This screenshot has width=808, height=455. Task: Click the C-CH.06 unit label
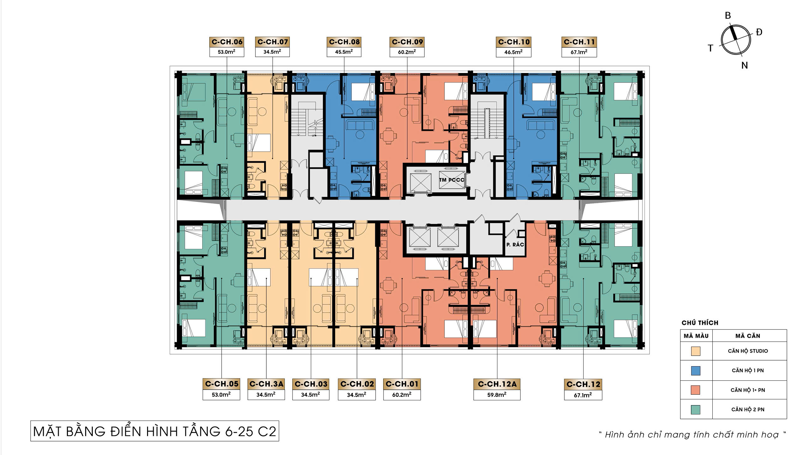(227, 42)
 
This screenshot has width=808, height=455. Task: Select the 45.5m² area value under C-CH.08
(344, 52)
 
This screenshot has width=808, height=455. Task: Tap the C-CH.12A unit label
(497, 384)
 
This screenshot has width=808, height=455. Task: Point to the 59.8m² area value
(497, 395)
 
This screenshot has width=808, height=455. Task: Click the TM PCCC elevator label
(452, 180)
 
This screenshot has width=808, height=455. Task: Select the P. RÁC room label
(515, 245)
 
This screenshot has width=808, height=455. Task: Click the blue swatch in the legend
(696, 371)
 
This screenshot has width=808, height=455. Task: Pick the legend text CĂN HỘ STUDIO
(748, 351)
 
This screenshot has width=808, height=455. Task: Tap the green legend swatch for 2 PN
(696, 410)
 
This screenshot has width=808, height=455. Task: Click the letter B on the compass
(728, 15)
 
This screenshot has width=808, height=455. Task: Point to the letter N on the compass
(745, 65)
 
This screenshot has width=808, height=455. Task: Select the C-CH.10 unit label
(514, 42)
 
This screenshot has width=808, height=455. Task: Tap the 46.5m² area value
(514, 52)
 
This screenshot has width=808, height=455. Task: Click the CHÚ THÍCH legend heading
(700, 323)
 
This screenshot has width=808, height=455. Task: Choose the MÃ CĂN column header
(748, 336)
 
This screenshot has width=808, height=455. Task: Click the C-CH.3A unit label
(266, 384)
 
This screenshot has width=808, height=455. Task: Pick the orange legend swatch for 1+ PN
(696, 390)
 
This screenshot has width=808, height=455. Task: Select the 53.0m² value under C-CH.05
(221, 395)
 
